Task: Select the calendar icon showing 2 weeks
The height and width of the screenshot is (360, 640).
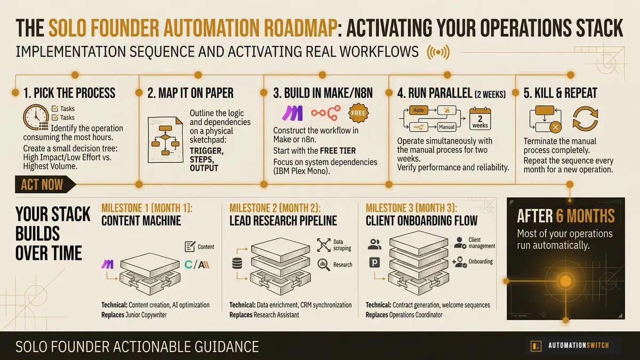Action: (x=480, y=118)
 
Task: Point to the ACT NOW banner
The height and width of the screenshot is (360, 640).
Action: (x=42, y=185)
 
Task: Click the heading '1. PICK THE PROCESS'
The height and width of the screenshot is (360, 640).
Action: (x=69, y=93)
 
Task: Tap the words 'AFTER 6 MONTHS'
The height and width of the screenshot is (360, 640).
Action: (x=565, y=216)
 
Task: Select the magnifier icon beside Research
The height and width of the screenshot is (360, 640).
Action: (x=324, y=264)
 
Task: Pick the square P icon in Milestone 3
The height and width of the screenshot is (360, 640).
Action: (x=374, y=262)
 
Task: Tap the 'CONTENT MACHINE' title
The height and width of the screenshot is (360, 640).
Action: (x=141, y=220)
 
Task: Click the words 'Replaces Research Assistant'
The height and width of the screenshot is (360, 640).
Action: (x=264, y=315)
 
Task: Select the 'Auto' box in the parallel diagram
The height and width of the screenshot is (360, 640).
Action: (x=418, y=110)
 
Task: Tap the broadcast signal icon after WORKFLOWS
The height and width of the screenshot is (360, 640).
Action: (x=438, y=52)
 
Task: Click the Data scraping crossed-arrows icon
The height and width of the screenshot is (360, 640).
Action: (x=324, y=245)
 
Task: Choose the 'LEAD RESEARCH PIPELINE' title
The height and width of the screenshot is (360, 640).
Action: (x=283, y=220)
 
